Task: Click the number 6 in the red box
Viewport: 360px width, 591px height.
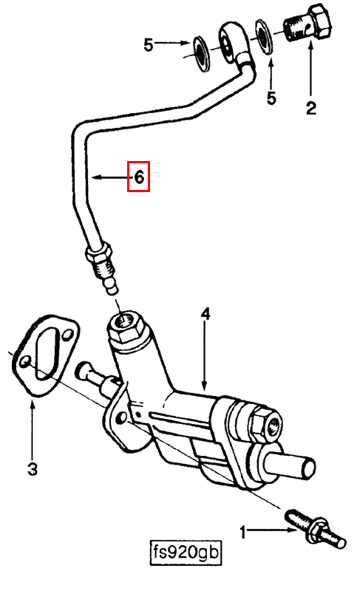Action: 139,177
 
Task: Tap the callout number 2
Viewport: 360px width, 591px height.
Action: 311,108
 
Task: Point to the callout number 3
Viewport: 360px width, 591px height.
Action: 33,469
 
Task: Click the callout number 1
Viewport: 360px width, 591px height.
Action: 243,533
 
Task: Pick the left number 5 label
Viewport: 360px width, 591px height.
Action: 149,45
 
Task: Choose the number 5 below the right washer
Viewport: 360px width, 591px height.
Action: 271,98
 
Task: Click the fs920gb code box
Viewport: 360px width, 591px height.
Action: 186,553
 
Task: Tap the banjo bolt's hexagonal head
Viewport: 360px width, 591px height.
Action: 320,21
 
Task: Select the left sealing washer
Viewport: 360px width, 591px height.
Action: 200,52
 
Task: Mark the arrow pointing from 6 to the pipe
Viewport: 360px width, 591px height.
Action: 112,177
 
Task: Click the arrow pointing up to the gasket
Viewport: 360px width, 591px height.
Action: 33,428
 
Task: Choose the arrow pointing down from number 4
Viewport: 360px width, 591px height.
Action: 205,356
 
